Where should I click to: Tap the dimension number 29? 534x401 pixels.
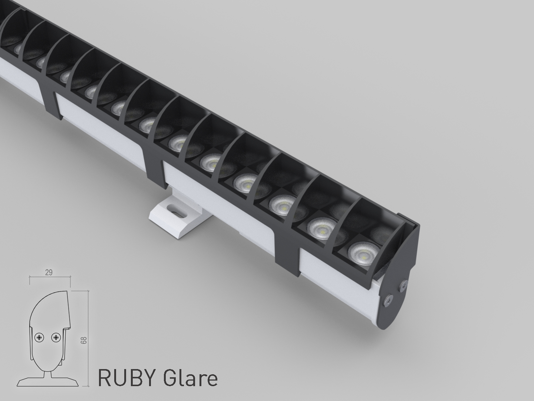coord(49,273)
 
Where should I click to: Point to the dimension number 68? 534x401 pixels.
coord(84,340)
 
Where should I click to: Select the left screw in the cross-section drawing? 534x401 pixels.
coord(39,338)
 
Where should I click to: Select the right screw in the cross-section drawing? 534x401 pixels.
coord(56,338)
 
